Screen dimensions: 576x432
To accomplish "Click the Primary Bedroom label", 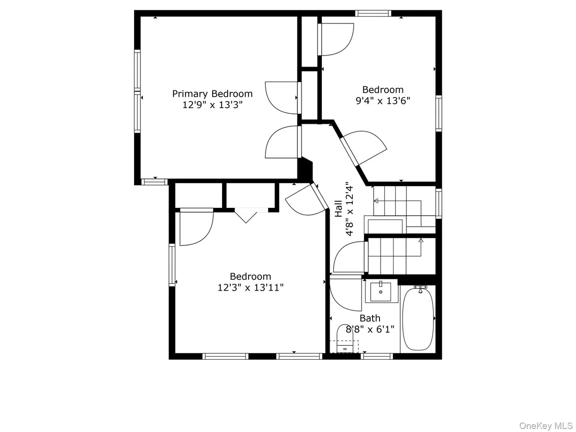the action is [212, 94].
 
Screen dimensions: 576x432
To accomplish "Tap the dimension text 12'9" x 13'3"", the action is [212, 105].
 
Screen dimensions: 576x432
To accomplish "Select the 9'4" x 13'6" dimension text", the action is [383, 100].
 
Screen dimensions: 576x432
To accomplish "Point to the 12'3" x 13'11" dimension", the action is [251, 287].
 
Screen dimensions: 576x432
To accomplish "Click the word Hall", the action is [338, 208].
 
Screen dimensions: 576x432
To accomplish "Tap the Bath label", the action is [370, 318].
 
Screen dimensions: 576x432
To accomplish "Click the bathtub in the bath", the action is [418, 318].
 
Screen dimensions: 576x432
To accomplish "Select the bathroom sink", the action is [381, 291].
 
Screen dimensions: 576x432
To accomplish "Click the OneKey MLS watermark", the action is [546, 425].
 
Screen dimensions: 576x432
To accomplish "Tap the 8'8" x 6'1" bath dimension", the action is [370, 329].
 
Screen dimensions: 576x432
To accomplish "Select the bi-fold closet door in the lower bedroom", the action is [246, 216].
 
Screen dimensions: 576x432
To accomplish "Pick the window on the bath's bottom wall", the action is [376, 356].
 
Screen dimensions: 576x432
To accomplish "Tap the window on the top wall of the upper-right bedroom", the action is [373, 13].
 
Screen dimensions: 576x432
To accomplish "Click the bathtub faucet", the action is [420, 289].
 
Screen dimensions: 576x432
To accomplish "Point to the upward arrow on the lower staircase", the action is [421, 241].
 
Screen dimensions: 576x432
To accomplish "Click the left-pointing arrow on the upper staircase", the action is [376, 201].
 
